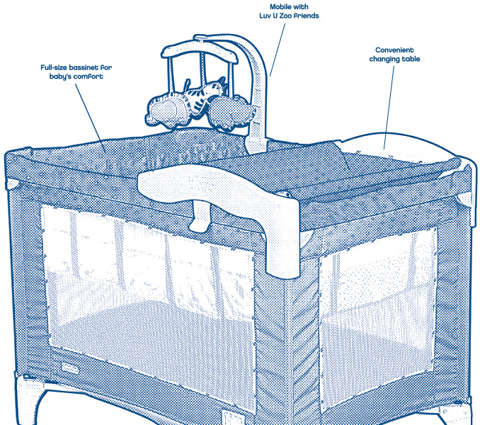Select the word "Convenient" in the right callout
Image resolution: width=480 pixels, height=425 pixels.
394,50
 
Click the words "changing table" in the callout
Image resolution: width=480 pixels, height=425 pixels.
394,59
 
